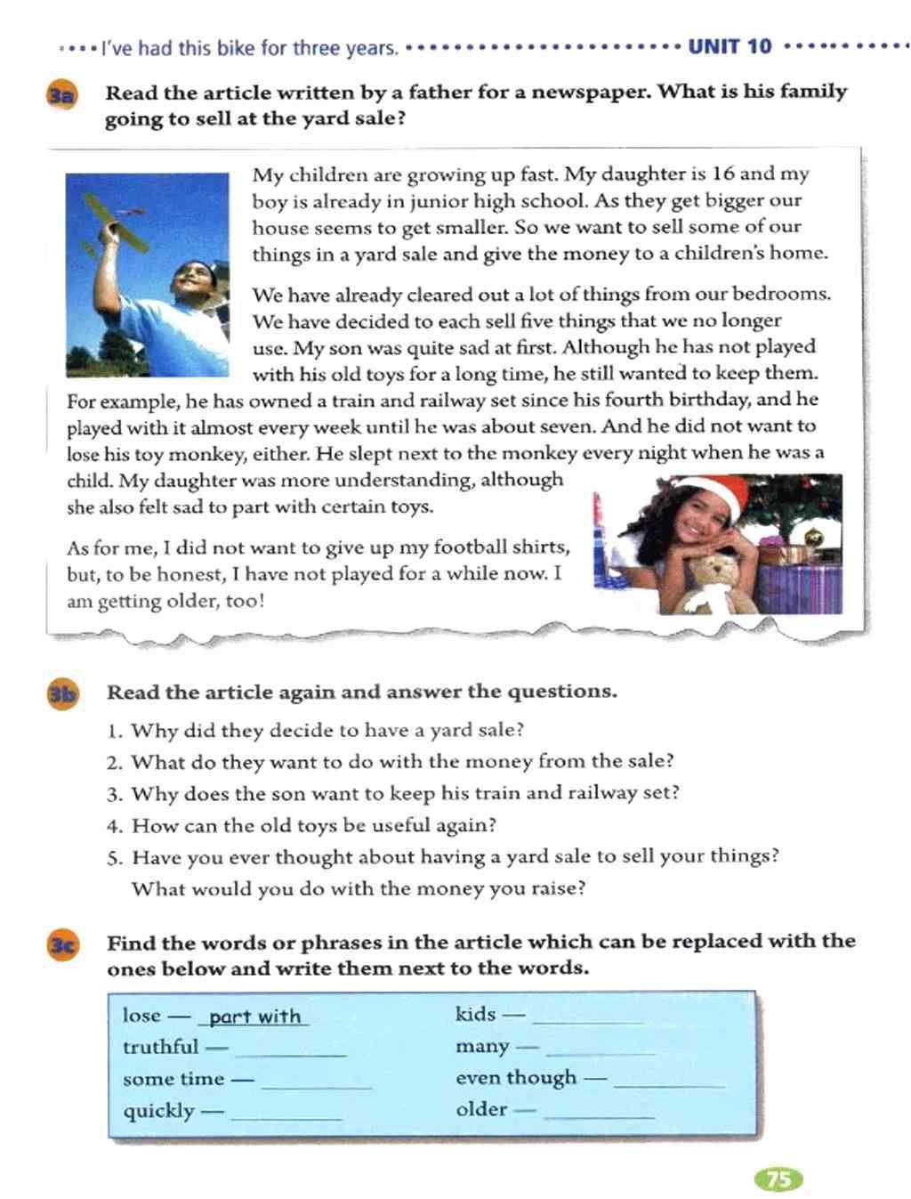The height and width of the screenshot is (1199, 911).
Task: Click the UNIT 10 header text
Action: [730, 46]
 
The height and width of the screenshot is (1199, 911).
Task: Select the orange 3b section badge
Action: [63, 694]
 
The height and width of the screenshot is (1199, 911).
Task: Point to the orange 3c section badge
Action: [63, 945]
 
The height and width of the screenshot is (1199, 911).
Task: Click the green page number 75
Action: [778, 1179]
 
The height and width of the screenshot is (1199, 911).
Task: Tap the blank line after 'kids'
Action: [587, 1020]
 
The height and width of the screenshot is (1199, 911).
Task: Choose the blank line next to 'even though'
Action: [669, 1084]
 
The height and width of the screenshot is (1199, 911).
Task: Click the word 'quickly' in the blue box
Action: [158, 1111]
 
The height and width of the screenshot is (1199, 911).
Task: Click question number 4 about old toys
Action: [113, 826]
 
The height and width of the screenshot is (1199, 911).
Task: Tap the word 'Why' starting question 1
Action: [150, 731]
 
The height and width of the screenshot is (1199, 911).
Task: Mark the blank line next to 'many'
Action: [599, 1052]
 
